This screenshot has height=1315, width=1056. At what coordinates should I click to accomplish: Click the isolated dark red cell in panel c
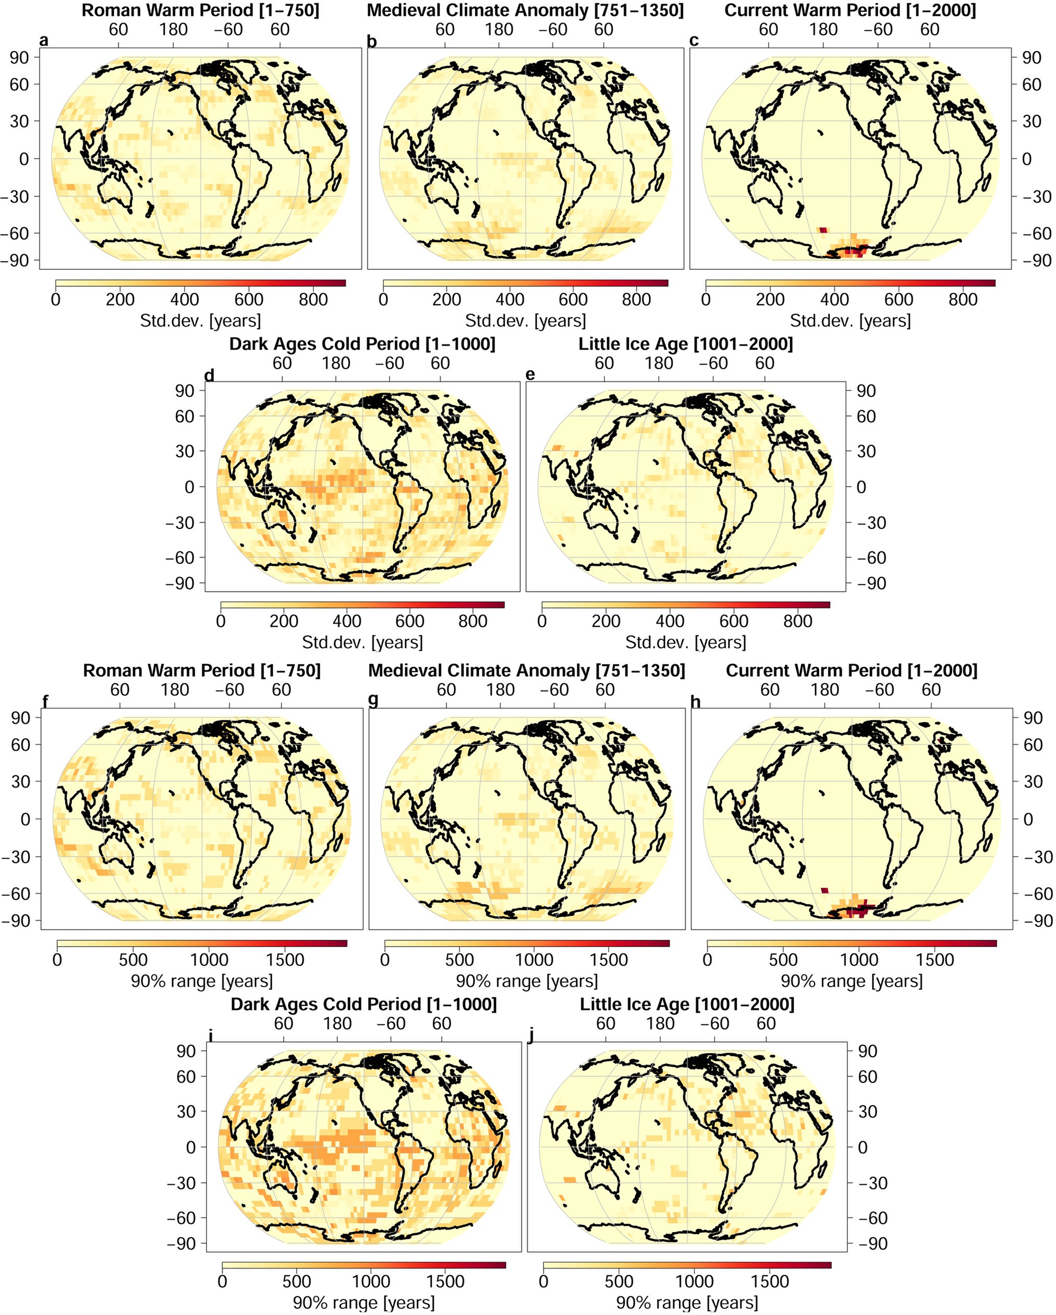822,230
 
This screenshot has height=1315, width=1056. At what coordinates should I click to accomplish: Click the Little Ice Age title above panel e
685,344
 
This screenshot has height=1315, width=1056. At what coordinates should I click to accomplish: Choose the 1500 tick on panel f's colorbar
285,959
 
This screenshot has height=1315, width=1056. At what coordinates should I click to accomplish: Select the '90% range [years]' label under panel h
851,981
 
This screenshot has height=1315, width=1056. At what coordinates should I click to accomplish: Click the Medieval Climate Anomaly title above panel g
526,671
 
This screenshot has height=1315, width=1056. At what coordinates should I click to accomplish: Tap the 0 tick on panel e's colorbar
542,622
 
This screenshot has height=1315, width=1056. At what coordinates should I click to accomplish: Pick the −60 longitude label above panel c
878,29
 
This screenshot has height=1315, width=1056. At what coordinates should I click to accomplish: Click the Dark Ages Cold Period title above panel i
363,1005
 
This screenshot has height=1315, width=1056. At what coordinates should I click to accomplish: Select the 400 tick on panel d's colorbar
346,622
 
